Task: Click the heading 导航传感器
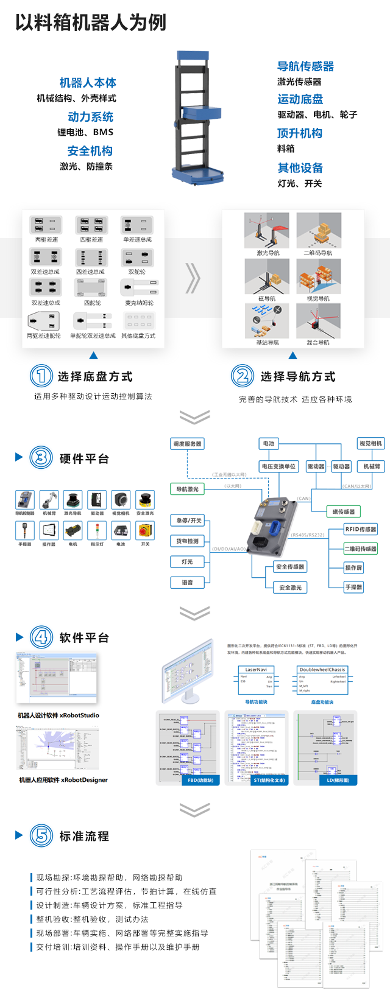(305, 66)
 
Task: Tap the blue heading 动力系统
(90, 117)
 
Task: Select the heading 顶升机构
(299, 133)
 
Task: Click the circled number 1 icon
(41, 376)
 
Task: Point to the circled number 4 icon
(41, 637)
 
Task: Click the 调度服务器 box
(187, 444)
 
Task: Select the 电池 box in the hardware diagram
(269, 443)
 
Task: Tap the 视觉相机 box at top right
(370, 443)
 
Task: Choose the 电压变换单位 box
(278, 466)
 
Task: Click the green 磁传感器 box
(343, 511)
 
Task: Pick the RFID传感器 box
(361, 529)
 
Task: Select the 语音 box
(187, 583)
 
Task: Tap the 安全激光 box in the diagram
(290, 588)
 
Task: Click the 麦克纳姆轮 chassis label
(139, 303)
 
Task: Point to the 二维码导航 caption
(318, 253)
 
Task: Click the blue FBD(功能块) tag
(200, 780)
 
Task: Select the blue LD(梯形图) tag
(338, 780)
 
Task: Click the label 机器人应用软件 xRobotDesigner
(63, 780)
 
